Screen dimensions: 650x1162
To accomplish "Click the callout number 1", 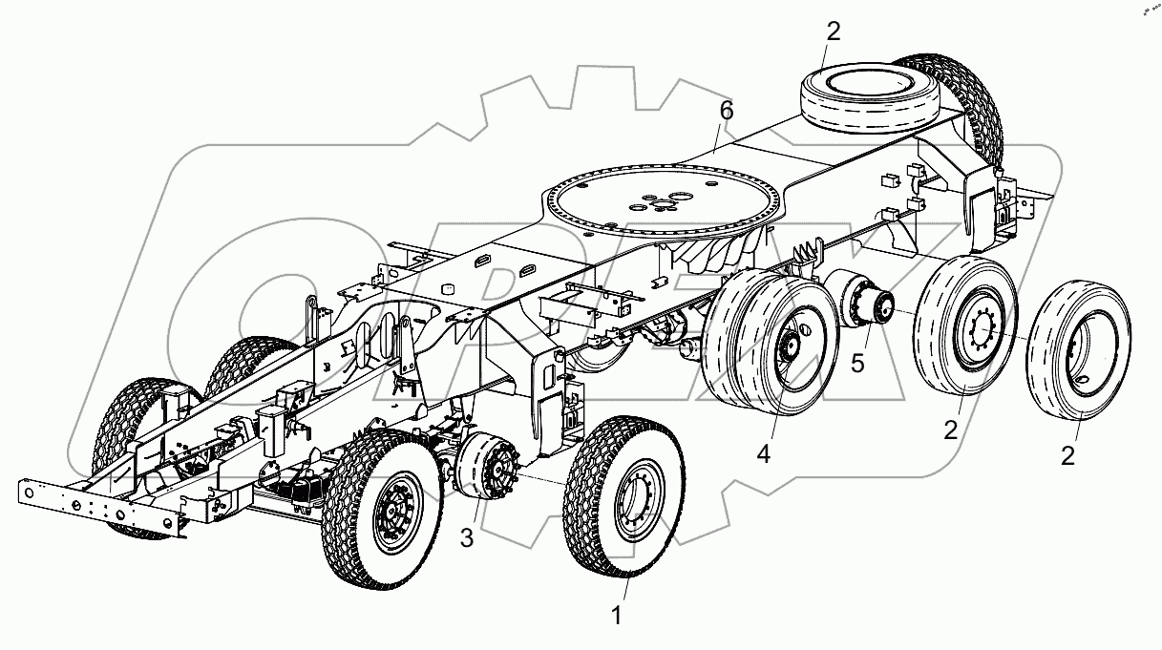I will (x=617, y=617).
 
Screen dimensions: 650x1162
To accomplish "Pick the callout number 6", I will (x=727, y=112).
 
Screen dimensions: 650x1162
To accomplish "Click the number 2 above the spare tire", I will (x=834, y=31).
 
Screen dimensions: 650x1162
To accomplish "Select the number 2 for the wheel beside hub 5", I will (x=950, y=430).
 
